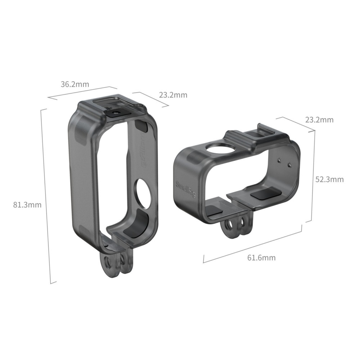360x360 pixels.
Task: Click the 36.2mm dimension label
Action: click(x=75, y=85)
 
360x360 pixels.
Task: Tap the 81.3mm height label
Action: click(x=27, y=205)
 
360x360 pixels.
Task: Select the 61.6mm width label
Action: click(x=262, y=257)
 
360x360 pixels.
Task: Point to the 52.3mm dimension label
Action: click(x=329, y=179)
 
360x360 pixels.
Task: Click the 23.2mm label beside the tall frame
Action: click(x=173, y=95)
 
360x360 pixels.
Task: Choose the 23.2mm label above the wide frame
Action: click(x=319, y=120)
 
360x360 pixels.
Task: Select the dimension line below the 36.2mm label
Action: click(x=82, y=92)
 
